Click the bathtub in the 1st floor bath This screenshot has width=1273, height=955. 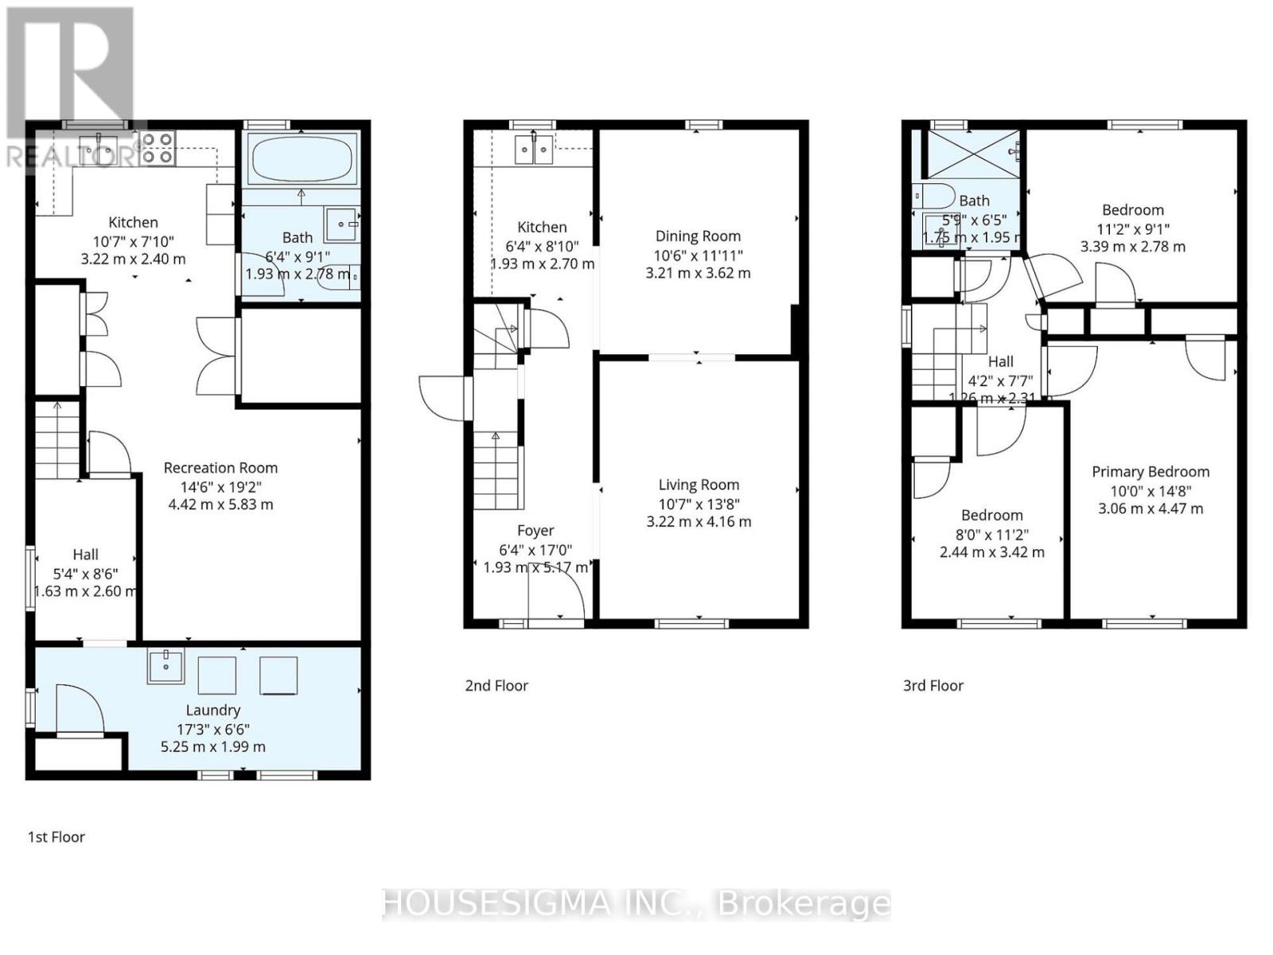pyautogui.click(x=301, y=158)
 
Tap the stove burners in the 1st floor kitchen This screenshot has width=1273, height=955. pyautogui.click(x=158, y=148)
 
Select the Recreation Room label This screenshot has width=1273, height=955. pyautogui.click(x=220, y=468)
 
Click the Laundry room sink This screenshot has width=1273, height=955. pyautogui.click(x=165, y=666)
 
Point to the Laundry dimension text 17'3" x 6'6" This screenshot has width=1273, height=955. pyautogui.click(x=213, y=729)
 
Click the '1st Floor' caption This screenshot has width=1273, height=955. pyautogui.click(x=56, y=837)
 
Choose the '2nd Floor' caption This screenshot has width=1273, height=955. pyautogui.click(x=496, y=685)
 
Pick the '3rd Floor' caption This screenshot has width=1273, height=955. pyautogui.click(x=933, y=685)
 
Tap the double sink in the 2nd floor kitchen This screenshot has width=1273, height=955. pyautogui.click(x=533, y=150)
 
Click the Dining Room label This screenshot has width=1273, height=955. pyautogui.click(x=698, y=236)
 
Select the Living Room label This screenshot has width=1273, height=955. pyautogui.click(x=699, y=485)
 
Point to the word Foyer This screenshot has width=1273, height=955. pyautogui.click(x=535, y=531)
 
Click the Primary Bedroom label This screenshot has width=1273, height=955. pyautogui.click(x=1150, y=472)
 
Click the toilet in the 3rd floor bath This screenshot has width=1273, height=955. pyautogui.click(x=933, y=195)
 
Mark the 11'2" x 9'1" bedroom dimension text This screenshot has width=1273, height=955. pyautogui.click(x=1133, y=229)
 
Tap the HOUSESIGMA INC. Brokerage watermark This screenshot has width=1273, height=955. pyautogui.click(x=636, y=904)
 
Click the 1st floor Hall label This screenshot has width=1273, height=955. pyautogui.click(x=86, y=555)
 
